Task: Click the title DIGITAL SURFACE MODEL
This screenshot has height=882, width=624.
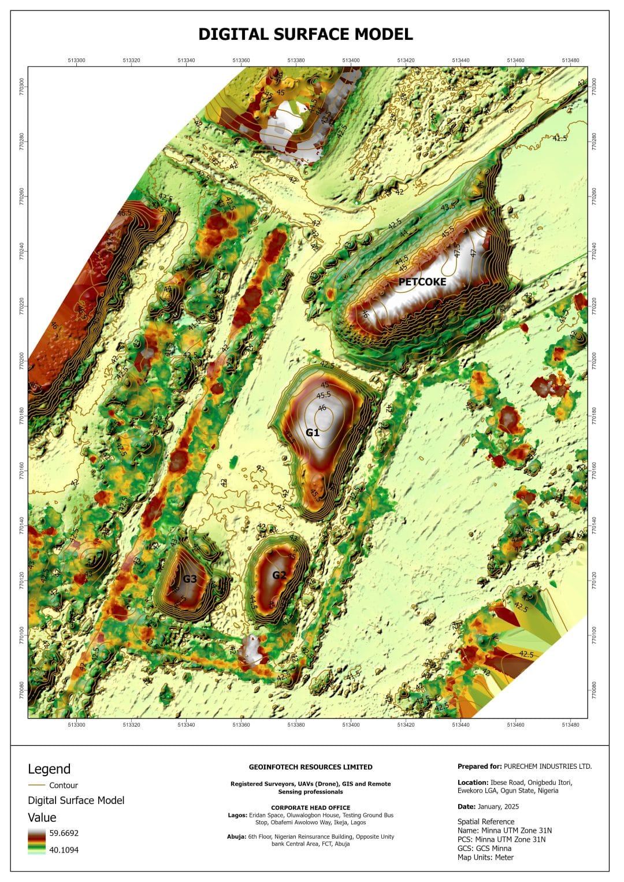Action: pyautogui.click(x=306, y=34)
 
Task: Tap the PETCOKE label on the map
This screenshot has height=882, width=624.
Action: pyautogui.click(x=422, y=282)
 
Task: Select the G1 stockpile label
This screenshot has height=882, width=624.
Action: pyautogui.click(x=313, y=432)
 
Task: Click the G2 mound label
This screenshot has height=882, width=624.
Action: pyautogui.click(x=279, y=575)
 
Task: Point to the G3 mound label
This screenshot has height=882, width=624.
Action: pyautogui.click(x=190, y=579)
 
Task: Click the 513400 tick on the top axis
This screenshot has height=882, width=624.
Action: pyautogui.click(x=351, y=60)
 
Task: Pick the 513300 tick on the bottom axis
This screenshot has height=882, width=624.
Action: pyautogui.click(x=76, y=724)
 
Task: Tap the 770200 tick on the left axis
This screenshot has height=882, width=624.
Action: pyautogui.click(x=22, y=362)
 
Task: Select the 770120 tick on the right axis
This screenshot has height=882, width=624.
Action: pyautogui.click(x=593, y=580)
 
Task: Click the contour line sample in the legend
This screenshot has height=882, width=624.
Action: pyautogui.click(x=36, y=785)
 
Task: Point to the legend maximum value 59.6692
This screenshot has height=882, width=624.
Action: pyautogui.click(x=64, y=833)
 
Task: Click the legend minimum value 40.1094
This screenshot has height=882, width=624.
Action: pyautogui.click(x=64, y=850)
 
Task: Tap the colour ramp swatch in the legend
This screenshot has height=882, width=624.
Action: pyautogui.click(x=36, y=841)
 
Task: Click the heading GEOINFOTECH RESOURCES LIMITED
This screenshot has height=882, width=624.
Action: pyautogui.click(x=310, y=767)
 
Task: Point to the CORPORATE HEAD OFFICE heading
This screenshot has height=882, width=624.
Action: pyautogui.click(x=310, y=807)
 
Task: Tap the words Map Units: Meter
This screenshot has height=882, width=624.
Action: pyautogui.click(x=485, y=857)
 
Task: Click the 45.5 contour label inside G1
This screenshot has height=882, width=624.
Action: pyautogui.click(x=324, y=395)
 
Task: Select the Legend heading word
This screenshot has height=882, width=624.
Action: pyautogui.click(x=49, y=769)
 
